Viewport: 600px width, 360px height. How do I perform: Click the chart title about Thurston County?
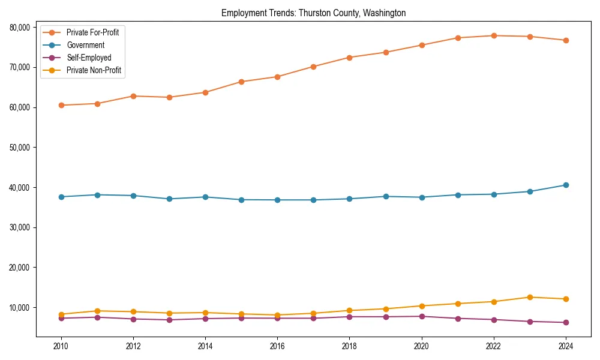coord(313,13)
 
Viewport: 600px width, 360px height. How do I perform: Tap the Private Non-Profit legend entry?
coord(94,70)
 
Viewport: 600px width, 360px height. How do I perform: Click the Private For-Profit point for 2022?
coord(494,35)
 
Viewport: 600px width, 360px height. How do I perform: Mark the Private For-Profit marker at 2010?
coord(61,105)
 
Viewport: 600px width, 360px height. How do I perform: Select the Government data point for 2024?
coord(566,185)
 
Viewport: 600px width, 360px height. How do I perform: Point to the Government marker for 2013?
coord(169,199)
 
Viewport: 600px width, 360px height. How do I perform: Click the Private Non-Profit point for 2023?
coord(530,297)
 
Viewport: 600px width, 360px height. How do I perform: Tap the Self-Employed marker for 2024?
coord(566,322)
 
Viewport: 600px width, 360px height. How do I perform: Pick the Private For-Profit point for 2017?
coord(313,67)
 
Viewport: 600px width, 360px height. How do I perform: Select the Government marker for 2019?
coord(386,196)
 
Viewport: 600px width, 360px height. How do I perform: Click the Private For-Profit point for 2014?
coord(205,92)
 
